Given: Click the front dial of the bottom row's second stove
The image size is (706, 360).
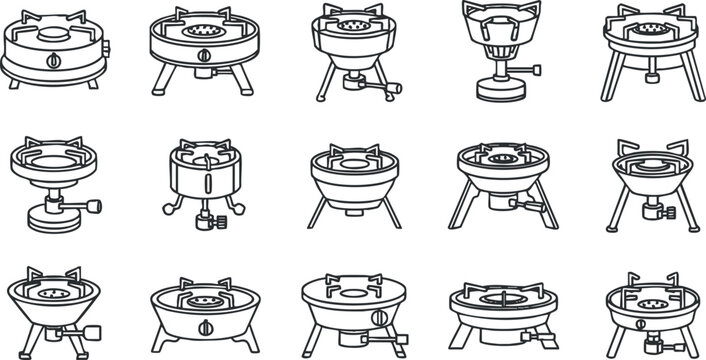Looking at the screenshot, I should click(x=205, y=330).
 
